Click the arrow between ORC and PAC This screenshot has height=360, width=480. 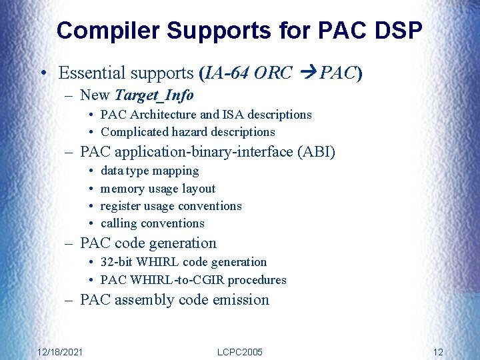coord(307,73)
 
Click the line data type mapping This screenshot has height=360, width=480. coord(149,171)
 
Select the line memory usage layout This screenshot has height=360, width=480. coord(158,189)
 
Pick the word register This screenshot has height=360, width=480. coord(124,206)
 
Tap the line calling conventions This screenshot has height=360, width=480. coord(152,223)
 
